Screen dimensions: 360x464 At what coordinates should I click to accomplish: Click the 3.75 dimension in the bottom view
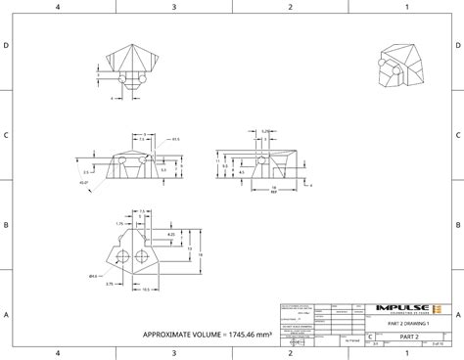(110, 284)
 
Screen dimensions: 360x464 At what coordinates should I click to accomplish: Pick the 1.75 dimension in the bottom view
(118, 223)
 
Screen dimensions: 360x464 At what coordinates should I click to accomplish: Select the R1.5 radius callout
(175, 140)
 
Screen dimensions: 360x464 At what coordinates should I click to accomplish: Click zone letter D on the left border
(7, 46)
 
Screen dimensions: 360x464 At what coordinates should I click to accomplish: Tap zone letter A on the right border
(457, 315)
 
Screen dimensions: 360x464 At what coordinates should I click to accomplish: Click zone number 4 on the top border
(58, 7)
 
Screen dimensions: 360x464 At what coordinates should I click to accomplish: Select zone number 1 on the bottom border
(405, 353)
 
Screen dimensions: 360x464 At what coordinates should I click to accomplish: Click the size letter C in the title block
(370, 336)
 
